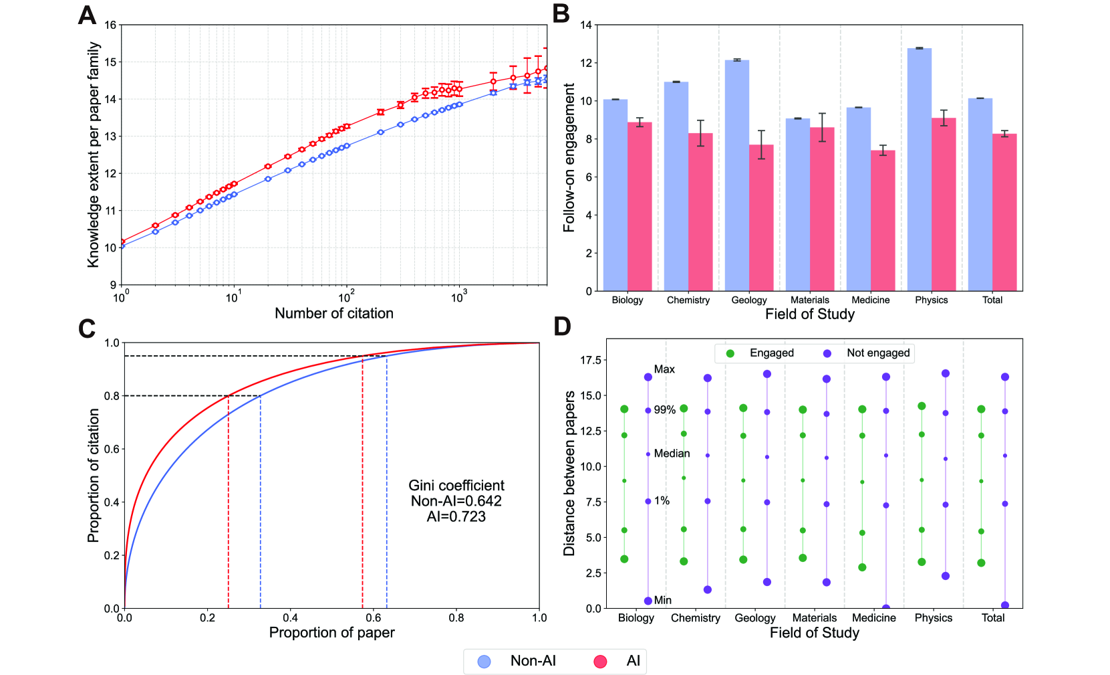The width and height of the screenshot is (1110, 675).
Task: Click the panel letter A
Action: pyautogui.click(x=87, y=15)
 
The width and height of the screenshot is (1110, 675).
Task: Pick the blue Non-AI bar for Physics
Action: pyautogui.click(x=919, y=169)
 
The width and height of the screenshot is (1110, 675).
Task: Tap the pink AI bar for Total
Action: pyautogui.click(x=1004, y=212)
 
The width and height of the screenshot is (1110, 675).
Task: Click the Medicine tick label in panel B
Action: pyautogui.click(x=870, y=300)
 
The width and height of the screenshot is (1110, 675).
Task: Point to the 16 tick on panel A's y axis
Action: pyautogui.click(x=110, y=25)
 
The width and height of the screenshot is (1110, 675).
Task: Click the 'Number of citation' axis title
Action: pyautogui.click(x=333, y=314)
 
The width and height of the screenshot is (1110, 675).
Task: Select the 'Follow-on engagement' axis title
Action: pyautogui.click(x=569, y=158)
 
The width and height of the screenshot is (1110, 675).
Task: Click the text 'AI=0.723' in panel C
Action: pyautogui.click(x=456, y=516)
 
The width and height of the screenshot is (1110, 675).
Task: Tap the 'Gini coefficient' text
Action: pyautogui.click(x=456, y=486)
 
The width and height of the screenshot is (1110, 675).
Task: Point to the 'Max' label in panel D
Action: pyautogui.click(x=664, y=369)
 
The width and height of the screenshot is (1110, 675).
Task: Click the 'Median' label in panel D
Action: pyautogui.click(x=672, y=454)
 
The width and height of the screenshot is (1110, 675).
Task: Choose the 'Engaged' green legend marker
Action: pyautogui.click(x=730, y=353)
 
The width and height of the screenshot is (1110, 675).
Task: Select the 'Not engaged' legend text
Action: pyautogui.click(x=878, y=353)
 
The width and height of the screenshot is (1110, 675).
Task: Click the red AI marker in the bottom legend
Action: pyautogui.click(x=600, y=662)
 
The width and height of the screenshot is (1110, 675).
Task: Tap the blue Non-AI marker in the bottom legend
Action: pyautogui.click(x=484, y=662)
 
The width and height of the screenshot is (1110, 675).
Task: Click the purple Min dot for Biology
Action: pyautogui.click(x=648, y=601)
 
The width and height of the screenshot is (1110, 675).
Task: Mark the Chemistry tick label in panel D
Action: pyautogui.click(x=695, y=618)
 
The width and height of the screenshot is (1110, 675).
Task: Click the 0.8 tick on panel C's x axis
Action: pyautogui.click(x=456, y=618)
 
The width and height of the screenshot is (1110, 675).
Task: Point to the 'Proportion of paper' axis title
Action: pyautogui.click(x=331, y=633)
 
